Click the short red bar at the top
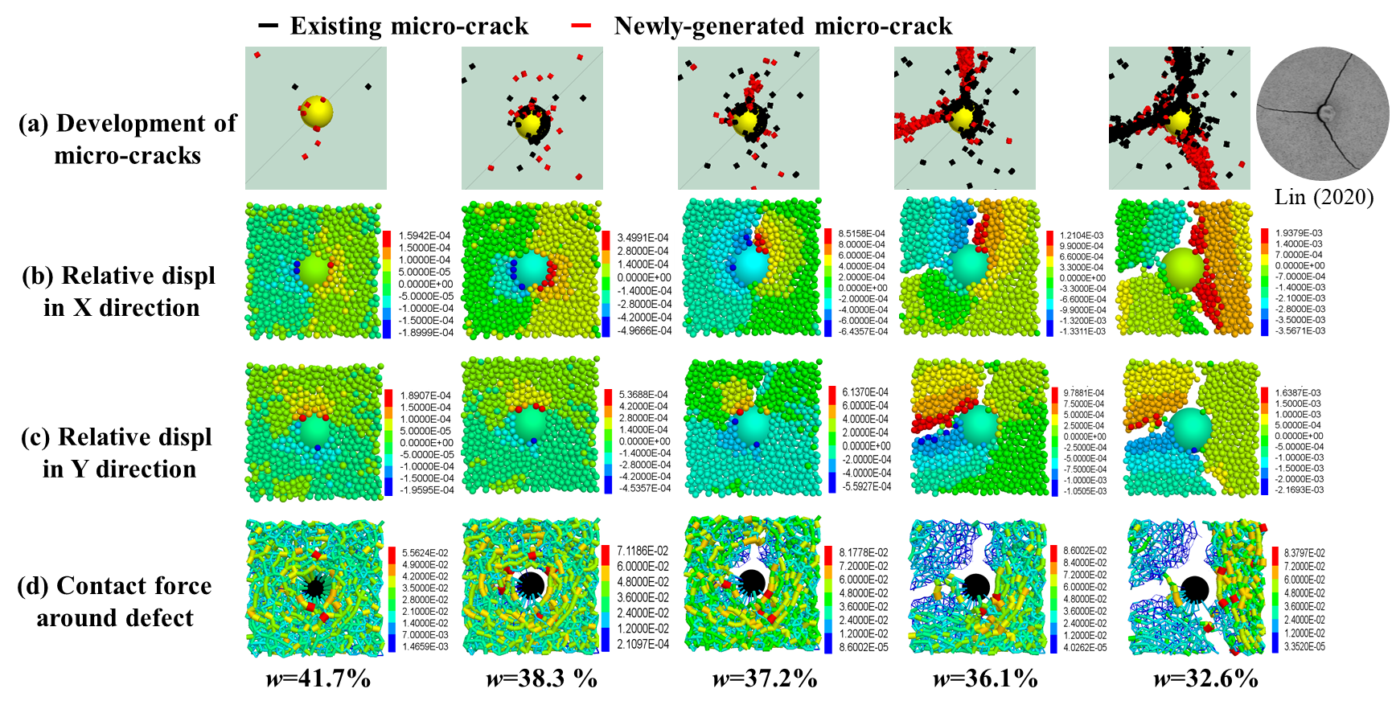pos(581,25)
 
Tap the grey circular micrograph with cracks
pos(1323,113)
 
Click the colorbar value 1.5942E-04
pos(425,236)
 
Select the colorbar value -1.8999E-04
pos(424,333)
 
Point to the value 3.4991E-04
pos(643,238)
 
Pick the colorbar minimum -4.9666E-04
pos(643,331)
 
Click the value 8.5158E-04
pos(862,234)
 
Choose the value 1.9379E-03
pos(1299,233)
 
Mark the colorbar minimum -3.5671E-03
pos(1299,330)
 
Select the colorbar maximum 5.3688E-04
pos(643,395)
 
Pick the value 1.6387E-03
pos(1299,393)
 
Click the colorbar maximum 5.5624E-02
pos(425,553)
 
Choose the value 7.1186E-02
pos(643,551)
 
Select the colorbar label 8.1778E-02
pos(863,553)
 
